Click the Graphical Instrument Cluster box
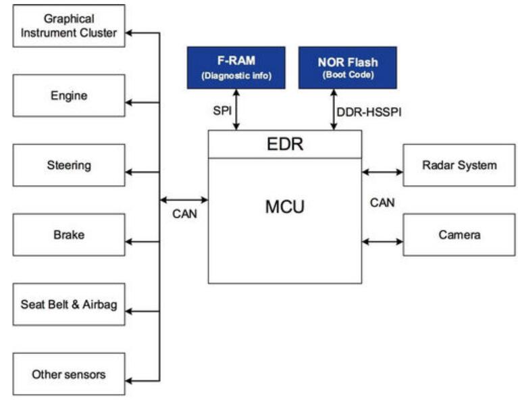70,26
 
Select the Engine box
70,96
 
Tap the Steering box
70,166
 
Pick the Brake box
70,235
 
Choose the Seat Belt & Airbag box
70,305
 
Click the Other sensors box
70,374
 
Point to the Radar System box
459,166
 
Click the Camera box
459,235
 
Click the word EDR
284,144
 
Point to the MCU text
284,206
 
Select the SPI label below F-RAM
223,110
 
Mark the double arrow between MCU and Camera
382,241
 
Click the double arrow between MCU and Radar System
382,172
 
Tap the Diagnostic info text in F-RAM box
236,76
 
